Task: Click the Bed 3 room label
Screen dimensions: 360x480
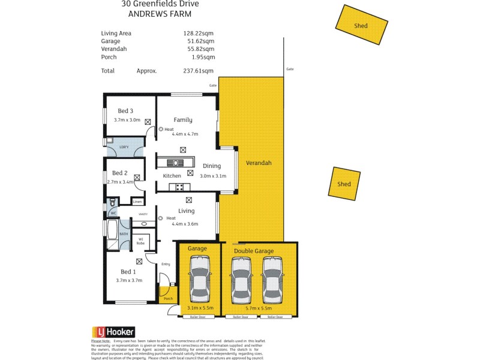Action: click(125, 110)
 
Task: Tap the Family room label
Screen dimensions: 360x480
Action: click(183, 120)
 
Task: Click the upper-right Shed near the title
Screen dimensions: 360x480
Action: click(361, 25)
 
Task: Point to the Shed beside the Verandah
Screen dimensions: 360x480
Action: click(344, 183)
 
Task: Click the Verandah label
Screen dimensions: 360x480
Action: click(259, 163)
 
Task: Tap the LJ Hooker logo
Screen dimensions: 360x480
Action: click(113, 332)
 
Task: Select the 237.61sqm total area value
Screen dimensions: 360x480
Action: click(199, 71)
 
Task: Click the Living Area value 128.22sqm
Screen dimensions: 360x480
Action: click(199, 34)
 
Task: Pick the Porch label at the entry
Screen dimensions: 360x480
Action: click(168, 299)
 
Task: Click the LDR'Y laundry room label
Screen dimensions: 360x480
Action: click(124, 147)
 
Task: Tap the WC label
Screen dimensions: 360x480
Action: click(112, 213)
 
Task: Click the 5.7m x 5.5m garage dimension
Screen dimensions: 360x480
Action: click(260, 308)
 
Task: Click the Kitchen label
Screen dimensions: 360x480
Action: click(172, 176)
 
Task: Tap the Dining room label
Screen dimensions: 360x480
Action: click(211, 166)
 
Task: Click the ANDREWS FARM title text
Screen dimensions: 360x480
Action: click(160, 14)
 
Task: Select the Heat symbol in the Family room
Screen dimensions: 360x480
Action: click(161, 129)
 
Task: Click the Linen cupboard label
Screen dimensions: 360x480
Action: click(137, 202)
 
